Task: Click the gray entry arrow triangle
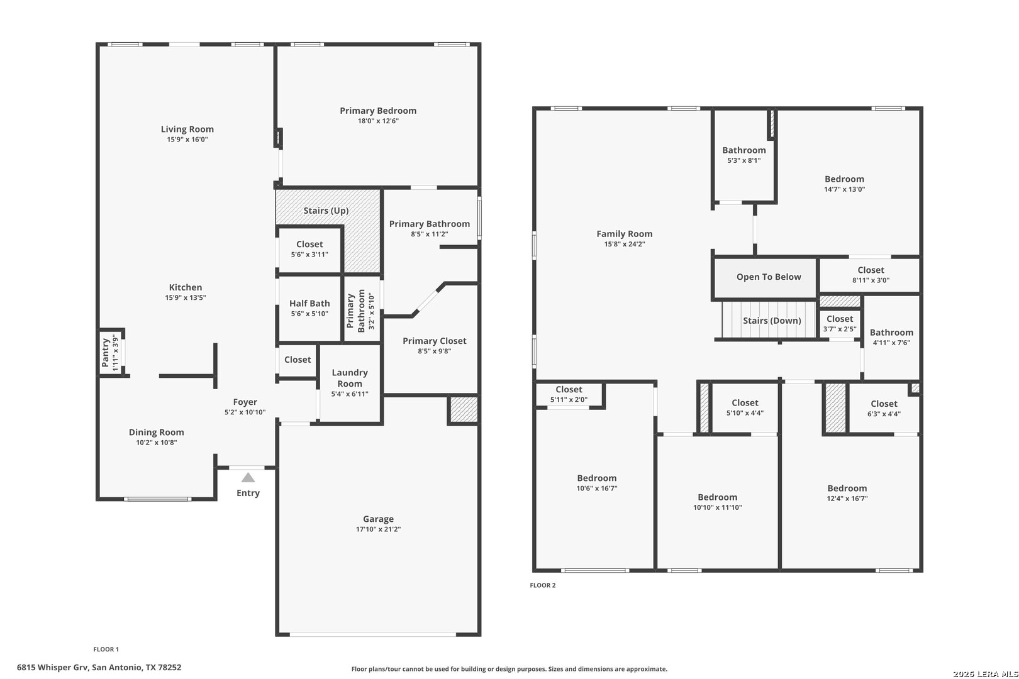248,478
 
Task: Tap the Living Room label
187,129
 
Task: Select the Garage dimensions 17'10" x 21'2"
378,529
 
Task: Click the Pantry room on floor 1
111,353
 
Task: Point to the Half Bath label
309,303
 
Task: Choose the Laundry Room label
349,378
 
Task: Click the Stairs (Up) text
326,211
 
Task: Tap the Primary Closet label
435,341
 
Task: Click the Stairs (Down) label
772,321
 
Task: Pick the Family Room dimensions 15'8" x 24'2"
624,244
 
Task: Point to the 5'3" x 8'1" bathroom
743,155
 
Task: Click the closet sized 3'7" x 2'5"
840,323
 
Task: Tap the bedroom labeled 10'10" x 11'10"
718,502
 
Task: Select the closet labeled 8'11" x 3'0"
870,275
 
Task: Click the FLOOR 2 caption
543,585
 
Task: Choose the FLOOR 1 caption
106,649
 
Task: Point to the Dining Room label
156,433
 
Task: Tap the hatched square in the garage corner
464,410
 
